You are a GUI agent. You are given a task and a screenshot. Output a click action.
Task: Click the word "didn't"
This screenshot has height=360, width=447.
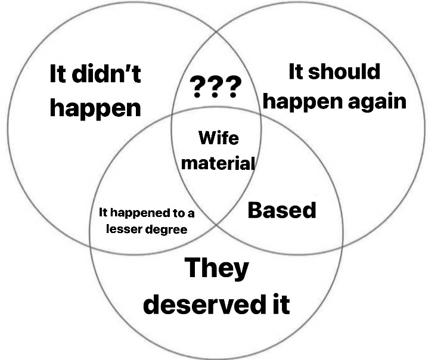(x=106, y=73)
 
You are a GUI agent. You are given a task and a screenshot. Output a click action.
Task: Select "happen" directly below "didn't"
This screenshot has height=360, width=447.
(x=95, y=108)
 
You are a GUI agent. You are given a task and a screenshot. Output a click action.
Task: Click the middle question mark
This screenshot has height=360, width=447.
(x=215, y=87)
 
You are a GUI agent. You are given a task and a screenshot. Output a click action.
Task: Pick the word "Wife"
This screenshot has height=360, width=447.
(x=219, y=138)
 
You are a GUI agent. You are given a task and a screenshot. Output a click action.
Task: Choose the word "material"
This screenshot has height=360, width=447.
(x=218, y=163)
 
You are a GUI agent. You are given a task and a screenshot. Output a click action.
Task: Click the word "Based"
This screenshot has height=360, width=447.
(x=282, y=210)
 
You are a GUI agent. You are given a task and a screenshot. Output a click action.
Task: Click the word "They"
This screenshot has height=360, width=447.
(x=217, y=268)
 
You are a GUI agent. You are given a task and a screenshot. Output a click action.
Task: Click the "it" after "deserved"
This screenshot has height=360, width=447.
(x=282, y=304)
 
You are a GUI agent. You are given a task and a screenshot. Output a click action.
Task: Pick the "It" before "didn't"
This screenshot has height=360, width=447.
(x=59, y=73)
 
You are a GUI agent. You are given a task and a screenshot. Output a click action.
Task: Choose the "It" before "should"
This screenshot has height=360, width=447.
(x=296, y=72)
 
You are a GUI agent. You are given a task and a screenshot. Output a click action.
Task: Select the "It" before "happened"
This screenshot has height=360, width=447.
(x=103, y=212)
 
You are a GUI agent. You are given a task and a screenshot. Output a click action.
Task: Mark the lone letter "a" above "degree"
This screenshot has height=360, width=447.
(x=191, y=214)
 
